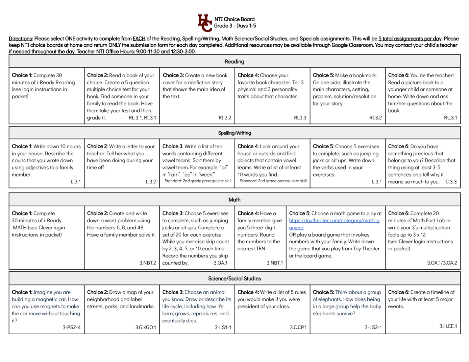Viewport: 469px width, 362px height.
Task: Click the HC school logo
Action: [x=204, y=23]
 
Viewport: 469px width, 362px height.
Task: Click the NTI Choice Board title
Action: [x=234, y=19]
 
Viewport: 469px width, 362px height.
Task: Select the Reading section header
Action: [x=234, y=62]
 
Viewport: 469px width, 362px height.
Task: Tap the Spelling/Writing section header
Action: [x=234, y=133]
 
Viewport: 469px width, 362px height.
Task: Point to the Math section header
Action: [x=234, y=200]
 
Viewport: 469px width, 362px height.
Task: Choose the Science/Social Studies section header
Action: [x=234, y=278]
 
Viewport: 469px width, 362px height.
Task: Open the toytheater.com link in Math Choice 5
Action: [x=334, y=224]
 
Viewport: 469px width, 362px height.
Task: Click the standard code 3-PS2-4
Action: [x=71, y=327]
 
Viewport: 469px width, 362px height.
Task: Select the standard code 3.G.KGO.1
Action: [x=146, y=327]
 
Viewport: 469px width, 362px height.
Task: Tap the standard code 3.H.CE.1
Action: [x=448, y=326]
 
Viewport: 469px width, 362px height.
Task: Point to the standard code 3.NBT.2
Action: [x=148, y=263]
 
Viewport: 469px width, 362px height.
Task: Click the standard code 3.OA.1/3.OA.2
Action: [x=442, y=263]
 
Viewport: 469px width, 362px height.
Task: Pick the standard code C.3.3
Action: [x=451, y=182]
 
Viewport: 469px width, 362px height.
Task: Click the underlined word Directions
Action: [x=20, y=39]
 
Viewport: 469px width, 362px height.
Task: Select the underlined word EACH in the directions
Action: [x=139, y=39]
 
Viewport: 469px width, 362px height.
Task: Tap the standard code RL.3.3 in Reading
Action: [x=300, y=118]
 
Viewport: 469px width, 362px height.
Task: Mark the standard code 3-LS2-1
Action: [x=373, y=327]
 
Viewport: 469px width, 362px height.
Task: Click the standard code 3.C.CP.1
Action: [x=298, y=327]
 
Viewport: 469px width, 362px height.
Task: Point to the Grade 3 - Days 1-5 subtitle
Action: [x=235, y=26]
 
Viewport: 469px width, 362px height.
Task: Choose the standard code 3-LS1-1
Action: [x=223, y=327]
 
